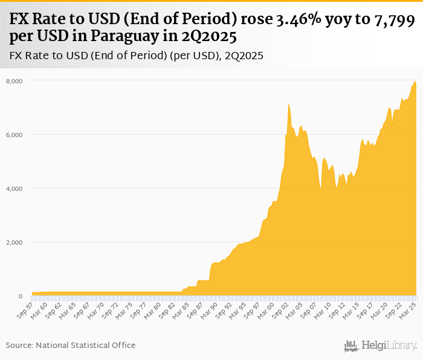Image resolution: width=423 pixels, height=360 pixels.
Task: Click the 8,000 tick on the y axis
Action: point(14,81)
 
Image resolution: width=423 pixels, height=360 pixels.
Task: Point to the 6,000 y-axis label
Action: point(14,135)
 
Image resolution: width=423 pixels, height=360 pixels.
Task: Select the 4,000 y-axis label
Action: point(14,188)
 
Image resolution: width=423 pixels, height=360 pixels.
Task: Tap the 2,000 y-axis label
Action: point(14,242)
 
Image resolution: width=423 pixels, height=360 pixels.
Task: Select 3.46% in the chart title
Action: point(301,22)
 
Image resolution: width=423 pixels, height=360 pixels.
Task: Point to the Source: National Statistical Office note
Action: point(71,345)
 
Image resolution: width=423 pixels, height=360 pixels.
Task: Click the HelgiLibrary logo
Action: point(381,346)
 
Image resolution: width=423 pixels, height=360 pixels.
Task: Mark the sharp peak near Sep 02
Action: point(289,104)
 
